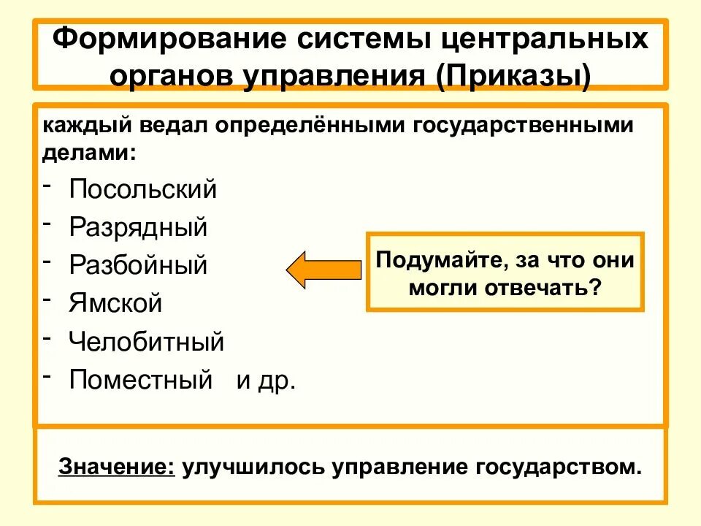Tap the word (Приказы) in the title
coord(514,74)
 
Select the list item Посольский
coord(143,189)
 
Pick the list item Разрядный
coord(139,227)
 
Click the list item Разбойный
coord(139,264)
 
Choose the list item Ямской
coord(115,302)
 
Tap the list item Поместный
coord(140,380)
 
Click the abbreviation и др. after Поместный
coord(266,381)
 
